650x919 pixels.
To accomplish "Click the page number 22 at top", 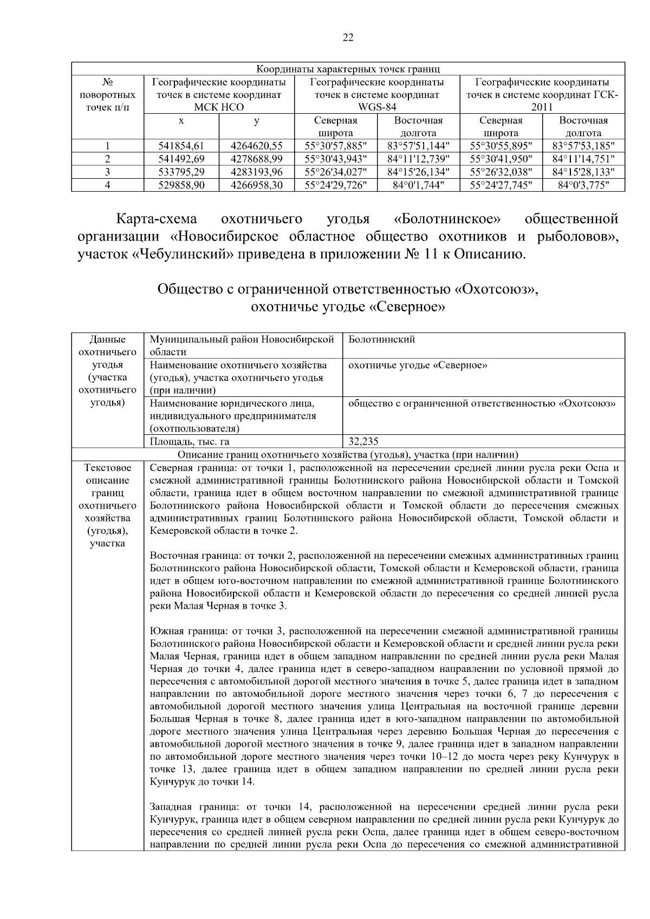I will pos(348,37).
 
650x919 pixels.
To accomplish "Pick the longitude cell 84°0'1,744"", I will pos(418,185).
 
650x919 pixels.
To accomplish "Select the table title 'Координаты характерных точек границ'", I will pos(348,69).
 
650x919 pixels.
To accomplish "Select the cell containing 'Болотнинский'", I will pos(382,340).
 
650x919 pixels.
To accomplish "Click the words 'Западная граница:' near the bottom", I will pos(186,807).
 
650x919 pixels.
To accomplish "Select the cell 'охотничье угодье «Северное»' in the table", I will pos(418,365).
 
